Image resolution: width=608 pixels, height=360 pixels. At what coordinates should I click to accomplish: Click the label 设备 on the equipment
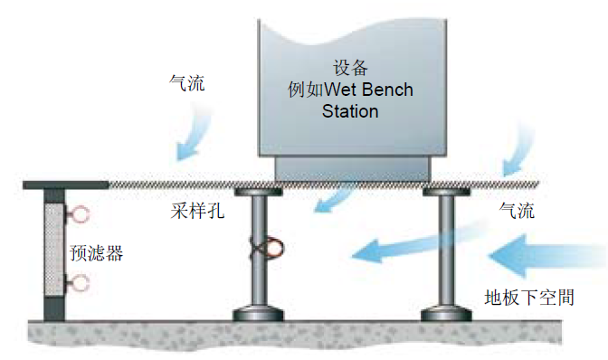click(x=350, y=68)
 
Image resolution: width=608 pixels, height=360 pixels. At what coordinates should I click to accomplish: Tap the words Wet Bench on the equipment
click(x=368, y=90)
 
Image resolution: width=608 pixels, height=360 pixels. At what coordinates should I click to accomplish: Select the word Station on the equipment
click(x=350, y=111)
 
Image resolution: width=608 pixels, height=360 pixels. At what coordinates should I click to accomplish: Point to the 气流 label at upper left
click(x=186, y=82)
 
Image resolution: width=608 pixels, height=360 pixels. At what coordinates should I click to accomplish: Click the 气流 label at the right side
click(x=517, y=211)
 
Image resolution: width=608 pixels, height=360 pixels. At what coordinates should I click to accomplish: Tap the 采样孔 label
click(x=197, y=211)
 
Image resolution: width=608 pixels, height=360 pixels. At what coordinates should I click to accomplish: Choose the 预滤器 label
click(x=97, y=253)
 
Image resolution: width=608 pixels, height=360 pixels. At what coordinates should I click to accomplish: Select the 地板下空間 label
click(x=529, y=298)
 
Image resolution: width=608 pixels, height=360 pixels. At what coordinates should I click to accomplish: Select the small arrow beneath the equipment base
click(x=334, y=202)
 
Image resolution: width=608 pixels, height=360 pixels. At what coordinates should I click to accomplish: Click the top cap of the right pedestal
click(x=446, y=192)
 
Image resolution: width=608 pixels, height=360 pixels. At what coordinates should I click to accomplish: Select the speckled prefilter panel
click(x=54, y=251)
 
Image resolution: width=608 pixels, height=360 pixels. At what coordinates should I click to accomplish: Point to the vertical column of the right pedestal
click(x=446, y=251)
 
